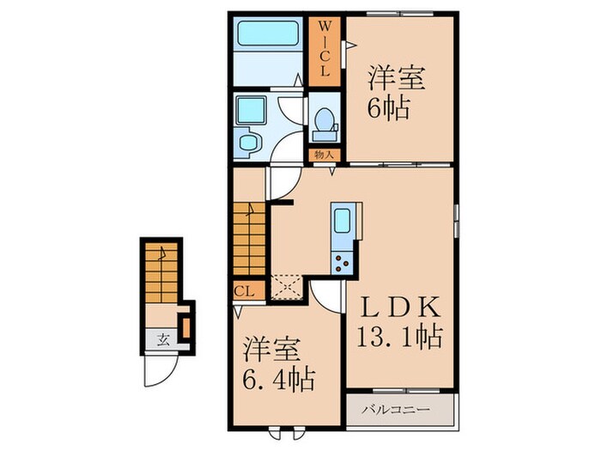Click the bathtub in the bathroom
pos(268,34)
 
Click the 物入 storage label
pos(325,155)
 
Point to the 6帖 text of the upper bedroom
pos(388,108)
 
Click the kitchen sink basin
pos(342,221)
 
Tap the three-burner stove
pos(342,264)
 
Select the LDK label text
pos(401,308)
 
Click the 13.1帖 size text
pos(400,337)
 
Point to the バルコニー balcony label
pos(397,410)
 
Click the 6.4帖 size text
pos(279,378)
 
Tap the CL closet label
pos(244,291)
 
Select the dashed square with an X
pos(288,287)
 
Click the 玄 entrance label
pos(164,339)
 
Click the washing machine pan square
pos(251,111)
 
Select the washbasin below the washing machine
pos(247,143)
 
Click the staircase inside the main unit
pos(249,239)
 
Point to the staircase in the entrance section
pos(161,272)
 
